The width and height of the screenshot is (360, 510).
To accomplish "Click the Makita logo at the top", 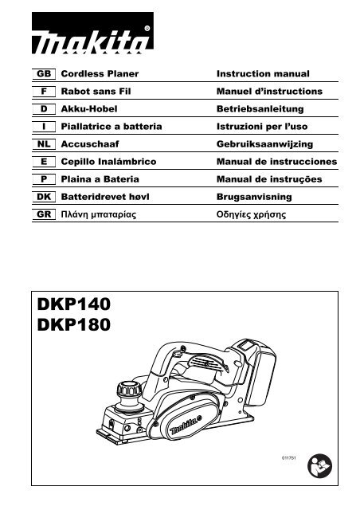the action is tap(92, 33).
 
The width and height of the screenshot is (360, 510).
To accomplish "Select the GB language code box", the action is tap(44, 74).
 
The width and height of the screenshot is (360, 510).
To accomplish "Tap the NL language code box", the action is tap(44, 144).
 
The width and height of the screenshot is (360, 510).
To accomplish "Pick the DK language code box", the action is tap(44, 197).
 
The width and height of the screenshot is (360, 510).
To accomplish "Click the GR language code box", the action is tap(44, 214).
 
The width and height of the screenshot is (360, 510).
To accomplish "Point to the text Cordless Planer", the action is tap(100, 74).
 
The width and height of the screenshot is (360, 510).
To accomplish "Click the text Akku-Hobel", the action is tap(89, 109).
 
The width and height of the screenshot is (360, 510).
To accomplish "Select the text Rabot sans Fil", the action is tap(96, 92).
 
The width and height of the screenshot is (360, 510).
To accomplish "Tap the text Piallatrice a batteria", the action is tap(112, 127).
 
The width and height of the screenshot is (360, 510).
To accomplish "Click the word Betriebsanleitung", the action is tap(260, 109).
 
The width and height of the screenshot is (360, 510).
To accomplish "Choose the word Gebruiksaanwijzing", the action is tap(264, 144).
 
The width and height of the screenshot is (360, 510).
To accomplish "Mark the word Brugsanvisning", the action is tap(254, 197).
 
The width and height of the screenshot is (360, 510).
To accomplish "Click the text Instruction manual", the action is tap(263, 74).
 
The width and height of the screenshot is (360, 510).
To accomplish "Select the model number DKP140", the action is tap(74, 304).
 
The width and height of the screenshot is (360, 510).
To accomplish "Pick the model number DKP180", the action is tap(74, 325).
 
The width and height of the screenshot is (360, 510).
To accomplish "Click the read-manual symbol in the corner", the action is tap(319, 465).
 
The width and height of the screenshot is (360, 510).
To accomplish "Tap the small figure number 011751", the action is tap(289, 458).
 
